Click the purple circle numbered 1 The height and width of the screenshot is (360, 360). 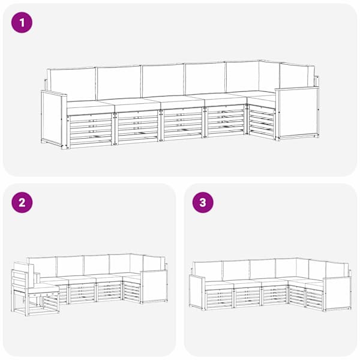tap(22, 23)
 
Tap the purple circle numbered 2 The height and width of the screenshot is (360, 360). tap(22, 203)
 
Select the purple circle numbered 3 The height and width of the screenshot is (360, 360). tap(203, 203)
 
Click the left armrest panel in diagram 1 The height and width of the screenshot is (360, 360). tap(54, 119)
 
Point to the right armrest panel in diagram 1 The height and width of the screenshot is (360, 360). tap(298, 113)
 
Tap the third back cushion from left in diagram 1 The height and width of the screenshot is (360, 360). tap(163, 80)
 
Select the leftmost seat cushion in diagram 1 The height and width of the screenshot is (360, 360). tap(90, 107)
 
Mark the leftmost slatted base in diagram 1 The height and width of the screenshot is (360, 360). tap(90, 130)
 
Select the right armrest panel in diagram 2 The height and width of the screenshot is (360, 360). tap(154, 286)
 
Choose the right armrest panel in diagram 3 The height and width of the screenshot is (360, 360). tap(337, 294)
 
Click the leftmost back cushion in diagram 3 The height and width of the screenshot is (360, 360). tap(208, 271)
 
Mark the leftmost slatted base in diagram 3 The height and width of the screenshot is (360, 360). tap(219, 298)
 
